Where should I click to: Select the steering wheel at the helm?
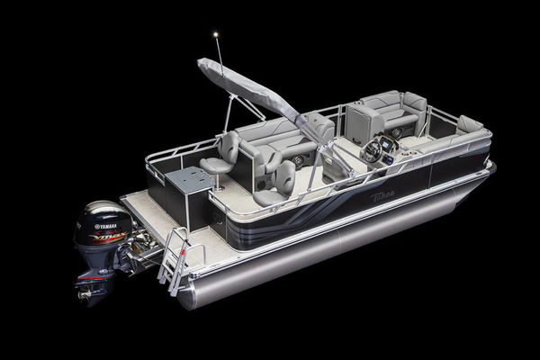[x=372, y=152]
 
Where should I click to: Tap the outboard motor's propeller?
[x=89, y=290]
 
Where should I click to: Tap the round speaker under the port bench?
[x=298, y=161]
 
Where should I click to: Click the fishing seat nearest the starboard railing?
[x=279, y=180]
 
